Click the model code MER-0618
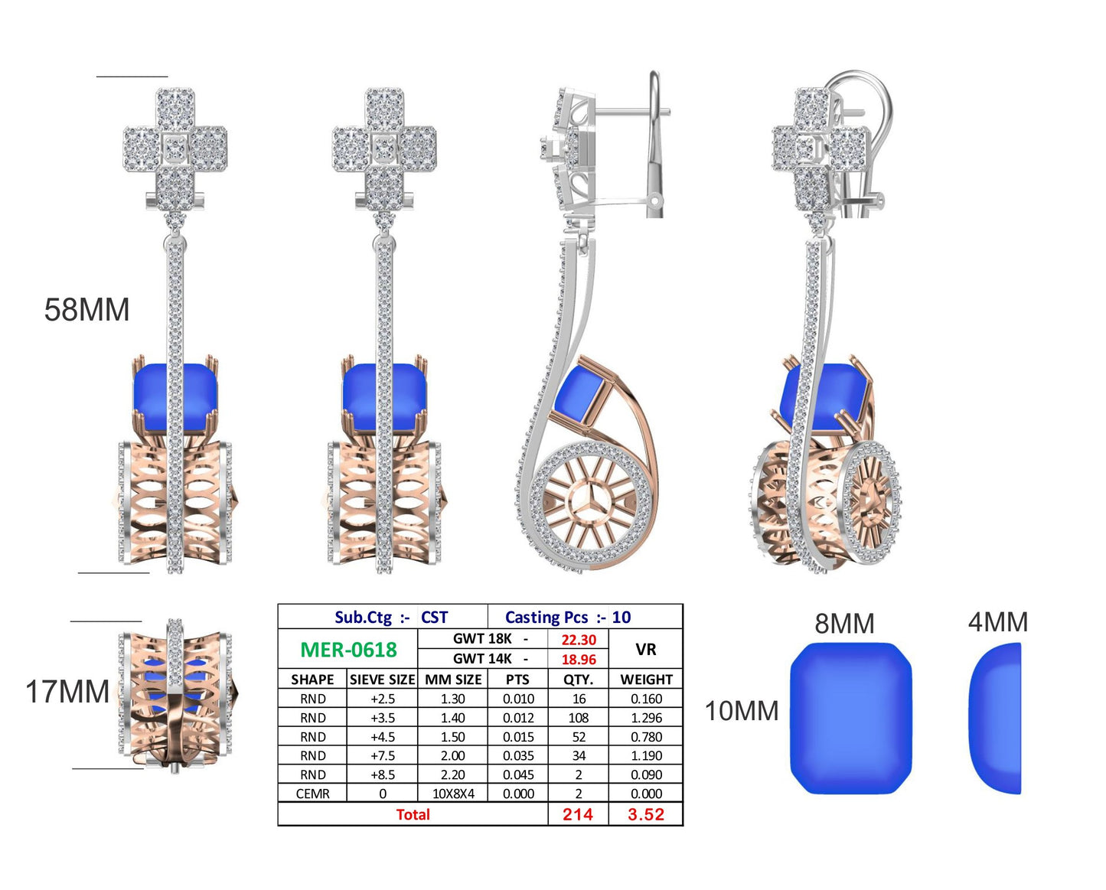coord(348,650)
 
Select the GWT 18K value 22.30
coord(579,640)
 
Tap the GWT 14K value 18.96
coord(579,660)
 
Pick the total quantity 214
coord(578,814)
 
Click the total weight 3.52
coord(646,814)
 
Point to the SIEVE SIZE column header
coord(383,680)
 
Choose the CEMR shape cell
coord(312,794)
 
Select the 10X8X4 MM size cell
coord(453,794)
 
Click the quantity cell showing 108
coord(579,718)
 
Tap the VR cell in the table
coord(646,650)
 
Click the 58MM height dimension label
coord(86,310)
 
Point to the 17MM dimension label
coord(67,691)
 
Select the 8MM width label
coord(844,624)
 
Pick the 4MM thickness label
coord(998,622)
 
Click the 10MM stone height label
coord(742,711)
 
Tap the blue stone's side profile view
coord(995,718)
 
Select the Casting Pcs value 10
coord(622,617)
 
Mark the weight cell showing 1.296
coord(647,718)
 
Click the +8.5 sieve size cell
coord(383,775)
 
